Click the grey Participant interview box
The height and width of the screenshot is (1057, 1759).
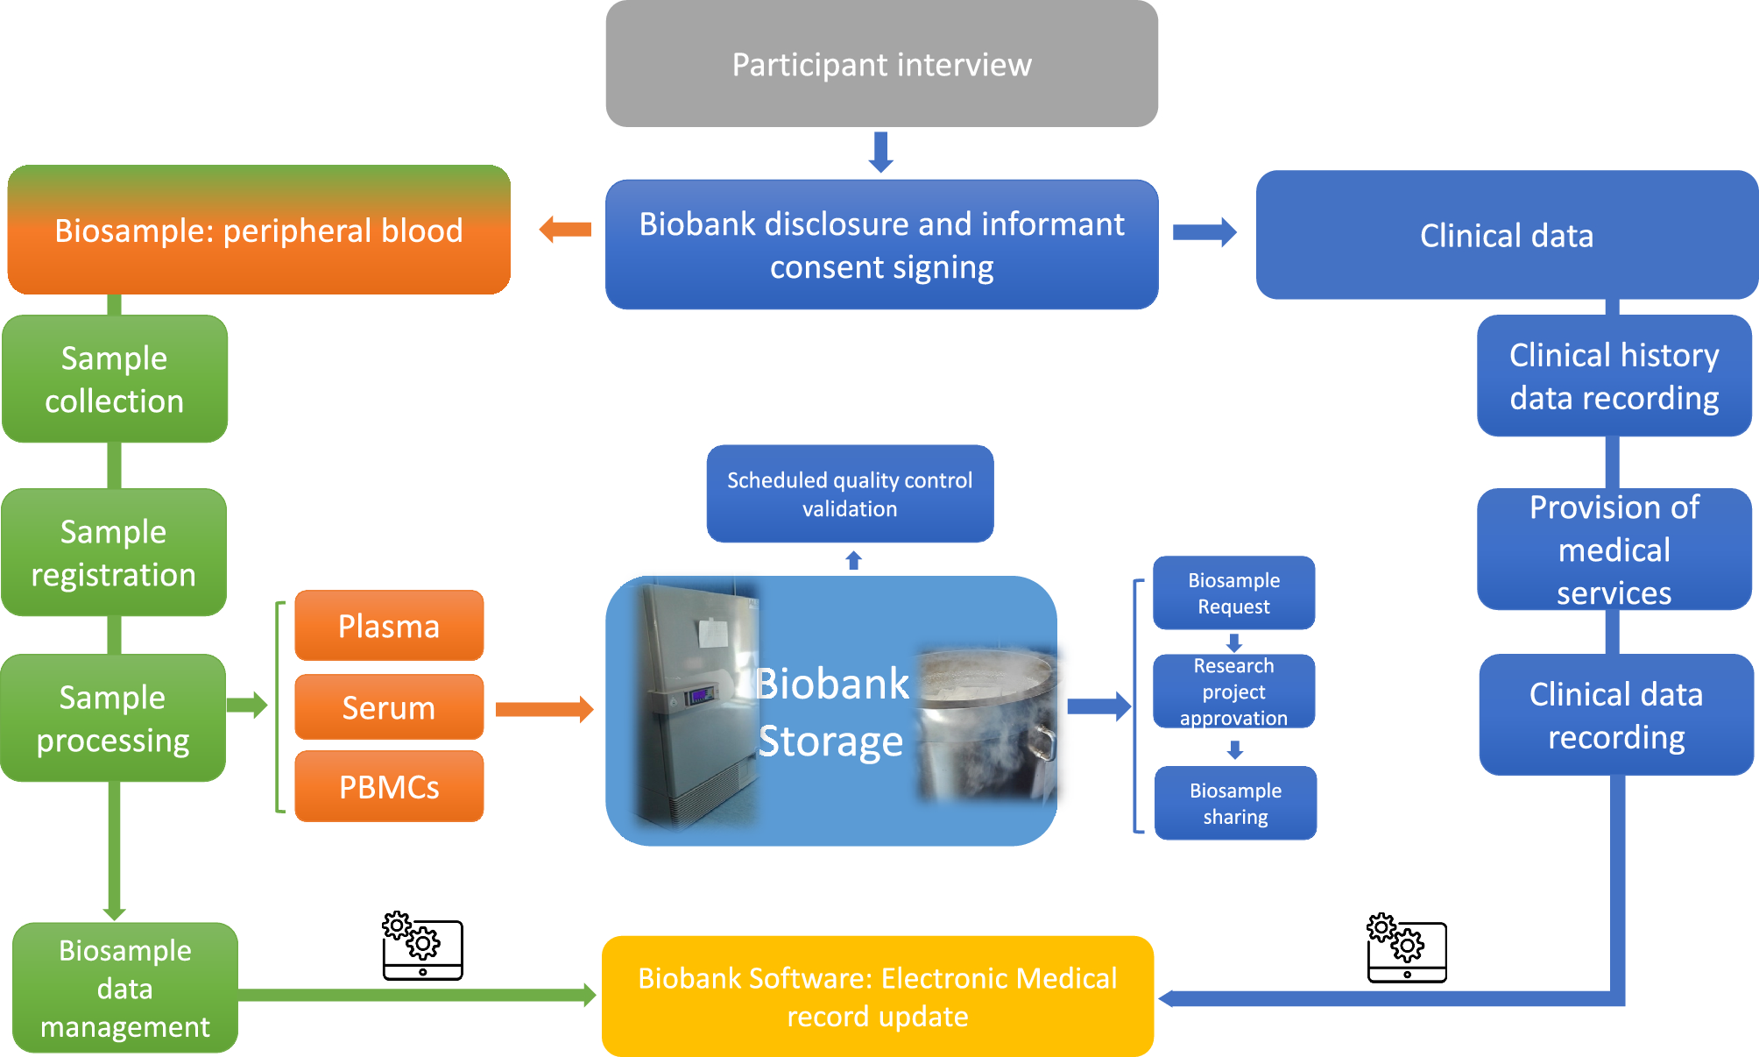[x=881, y=64]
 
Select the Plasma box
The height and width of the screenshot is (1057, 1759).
[x=389, y=626]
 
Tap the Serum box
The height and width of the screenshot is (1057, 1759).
[x=389, y=707]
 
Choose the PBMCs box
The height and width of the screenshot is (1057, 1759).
[x=389, y=786]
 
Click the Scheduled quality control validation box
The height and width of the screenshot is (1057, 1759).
[x=850, y=494]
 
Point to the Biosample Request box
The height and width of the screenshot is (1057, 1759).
[x=1233, y=593]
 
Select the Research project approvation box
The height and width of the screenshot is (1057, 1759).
[x=1233, y=692]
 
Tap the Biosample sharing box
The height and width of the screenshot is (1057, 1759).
[x=1235, y=803]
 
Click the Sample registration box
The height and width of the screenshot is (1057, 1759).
[x=114, y=553]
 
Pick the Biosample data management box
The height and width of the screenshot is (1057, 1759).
[x=125, y=988]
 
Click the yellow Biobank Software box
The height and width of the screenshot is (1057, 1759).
[x=878, y=997]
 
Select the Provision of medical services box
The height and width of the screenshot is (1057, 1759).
[x=1614, y=550]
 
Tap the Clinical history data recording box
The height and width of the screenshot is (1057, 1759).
[x=1614, y=376]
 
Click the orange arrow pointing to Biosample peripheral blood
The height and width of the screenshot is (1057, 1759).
[x=566, y=230]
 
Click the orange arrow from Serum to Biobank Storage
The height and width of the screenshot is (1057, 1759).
[x=544, y=709]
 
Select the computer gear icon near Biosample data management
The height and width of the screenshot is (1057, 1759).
[x=422, y=946]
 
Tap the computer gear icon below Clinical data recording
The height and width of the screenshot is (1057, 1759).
[x=1407, y=948]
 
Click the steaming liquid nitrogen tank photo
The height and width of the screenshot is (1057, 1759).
[x=986, y=723]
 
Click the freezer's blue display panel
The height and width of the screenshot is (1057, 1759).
[x=700, y=697]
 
